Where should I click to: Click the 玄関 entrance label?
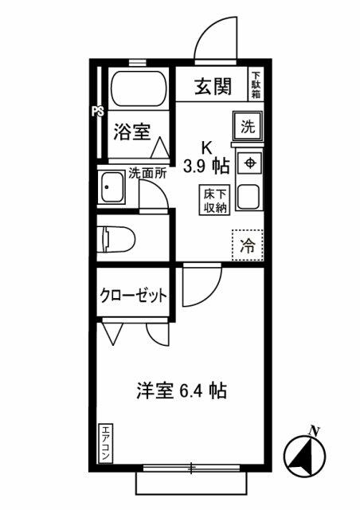213,87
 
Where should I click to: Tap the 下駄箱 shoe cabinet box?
256,84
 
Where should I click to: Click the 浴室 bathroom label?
132,132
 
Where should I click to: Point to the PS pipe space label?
97,112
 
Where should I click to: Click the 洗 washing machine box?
248,127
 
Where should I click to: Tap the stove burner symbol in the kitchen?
250,163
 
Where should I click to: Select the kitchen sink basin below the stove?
248,197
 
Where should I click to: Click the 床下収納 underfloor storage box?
214,200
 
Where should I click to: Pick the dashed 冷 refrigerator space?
247,245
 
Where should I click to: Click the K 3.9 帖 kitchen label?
207,158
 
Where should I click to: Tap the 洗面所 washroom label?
147,173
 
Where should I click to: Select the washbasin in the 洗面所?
112,187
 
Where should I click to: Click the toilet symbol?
116,239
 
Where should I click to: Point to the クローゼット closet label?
133,296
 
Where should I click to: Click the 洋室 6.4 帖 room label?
181,390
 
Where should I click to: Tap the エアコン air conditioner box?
105,443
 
